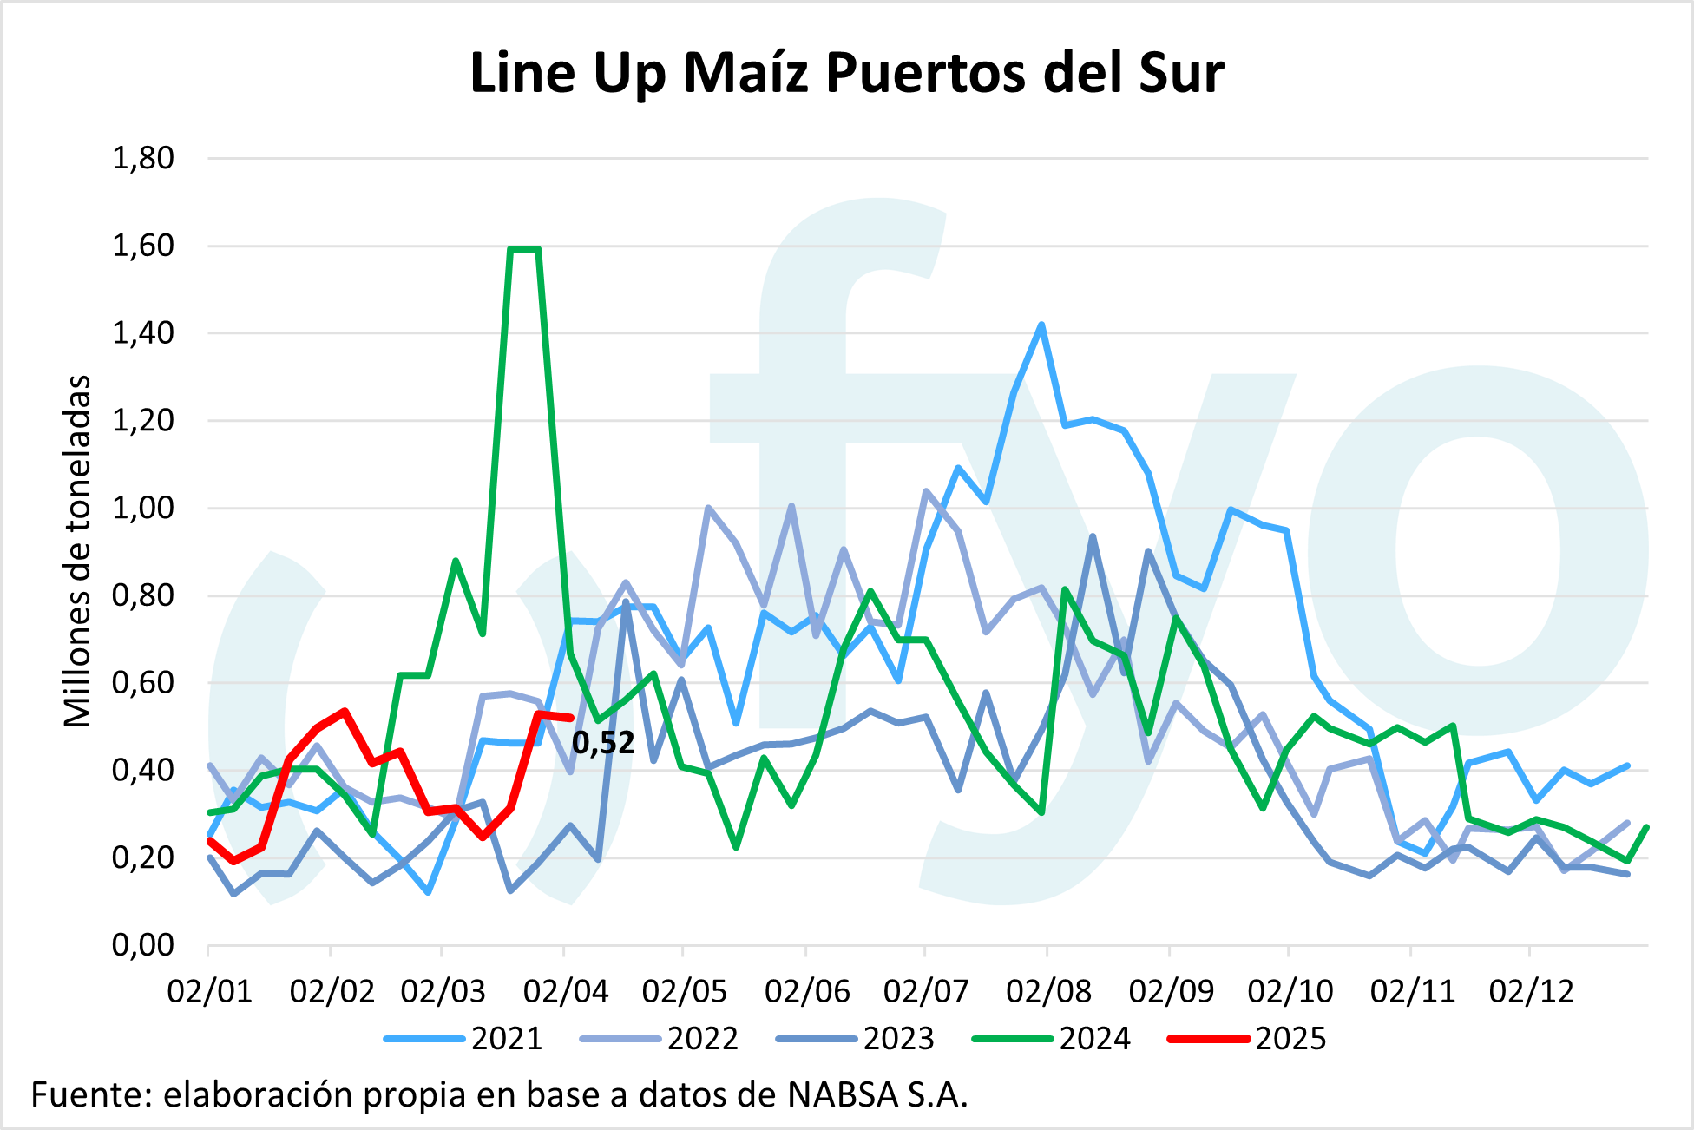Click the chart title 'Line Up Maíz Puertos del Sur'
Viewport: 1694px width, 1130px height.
point(846,73)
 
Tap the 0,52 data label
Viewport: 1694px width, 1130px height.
point(604,743)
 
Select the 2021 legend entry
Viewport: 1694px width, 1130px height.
point(507,1039)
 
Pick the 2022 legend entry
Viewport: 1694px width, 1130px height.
point(702,1039)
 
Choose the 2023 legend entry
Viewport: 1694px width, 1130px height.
point(898,1039)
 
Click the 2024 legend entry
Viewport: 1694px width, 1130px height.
point(1094,1039)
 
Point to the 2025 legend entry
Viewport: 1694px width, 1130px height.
point(1290,1039)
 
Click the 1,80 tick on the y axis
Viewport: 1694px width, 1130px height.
point(143,158)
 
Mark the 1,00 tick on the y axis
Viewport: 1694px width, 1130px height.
point(143,508)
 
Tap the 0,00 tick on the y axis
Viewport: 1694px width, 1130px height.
point(143,944)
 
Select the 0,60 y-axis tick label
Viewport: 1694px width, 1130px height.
point(143,682)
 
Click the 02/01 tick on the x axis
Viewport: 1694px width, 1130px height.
point(209,991)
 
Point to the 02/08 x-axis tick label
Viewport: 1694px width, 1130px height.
point(1048,991)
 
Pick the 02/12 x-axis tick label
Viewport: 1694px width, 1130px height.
point(1531,991)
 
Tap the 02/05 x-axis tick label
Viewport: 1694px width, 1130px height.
point(684,991)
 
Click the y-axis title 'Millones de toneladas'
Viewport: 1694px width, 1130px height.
point(78,551)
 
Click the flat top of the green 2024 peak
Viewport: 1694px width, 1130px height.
point(524,249)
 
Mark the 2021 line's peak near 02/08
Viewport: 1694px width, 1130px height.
point(1041,325)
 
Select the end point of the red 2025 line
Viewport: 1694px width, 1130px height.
point(570,718)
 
